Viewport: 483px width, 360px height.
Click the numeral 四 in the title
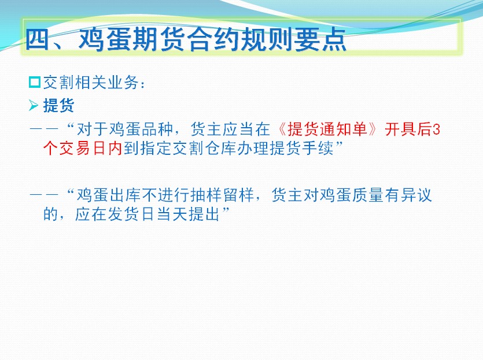[x=38, y=39]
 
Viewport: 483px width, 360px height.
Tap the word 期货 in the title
[x=145, y=39]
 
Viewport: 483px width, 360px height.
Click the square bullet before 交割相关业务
[x=35, y=82]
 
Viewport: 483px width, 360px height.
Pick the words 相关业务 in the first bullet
[x=107, y=83]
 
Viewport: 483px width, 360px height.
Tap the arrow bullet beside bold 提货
[x=34, y=105]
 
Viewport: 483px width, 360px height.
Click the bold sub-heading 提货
[x=58, y=106]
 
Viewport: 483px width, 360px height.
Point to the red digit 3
[x=436, y=129]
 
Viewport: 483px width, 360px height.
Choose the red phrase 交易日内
[x=91, y=148]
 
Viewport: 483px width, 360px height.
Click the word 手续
[x=318, y=148]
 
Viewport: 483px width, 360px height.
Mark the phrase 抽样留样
[x=222, y=195]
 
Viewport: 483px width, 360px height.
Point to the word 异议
[x=416, y=195]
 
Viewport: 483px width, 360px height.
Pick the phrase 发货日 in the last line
[x=131, y=214]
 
